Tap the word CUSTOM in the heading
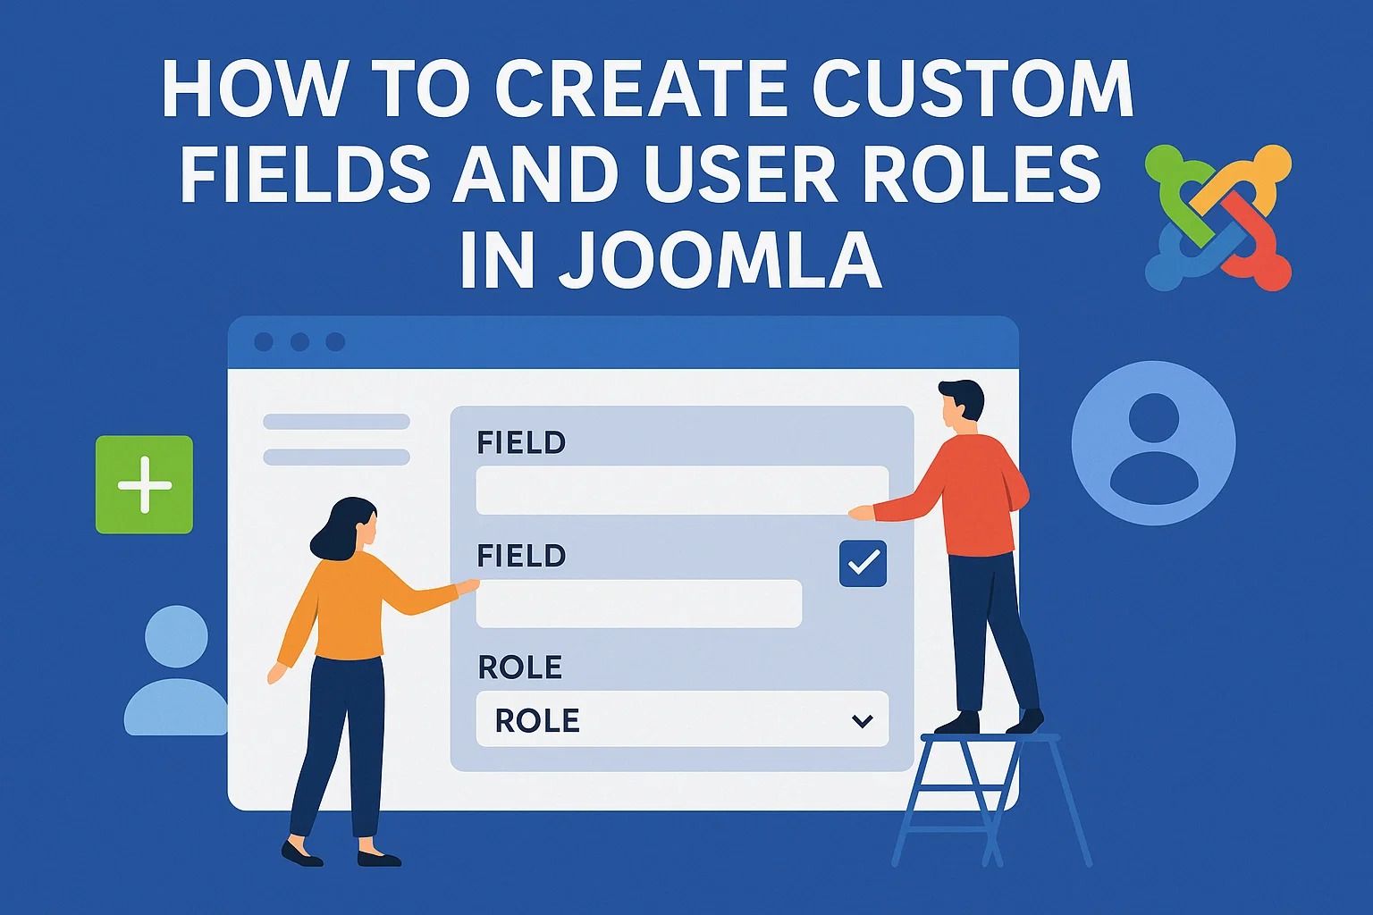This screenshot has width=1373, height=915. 973,88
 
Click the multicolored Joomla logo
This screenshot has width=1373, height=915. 1218,217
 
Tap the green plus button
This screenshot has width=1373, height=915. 144,484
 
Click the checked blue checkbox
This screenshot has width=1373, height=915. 863,563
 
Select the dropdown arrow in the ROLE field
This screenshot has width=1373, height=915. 863,721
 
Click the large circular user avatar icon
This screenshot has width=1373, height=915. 1153,443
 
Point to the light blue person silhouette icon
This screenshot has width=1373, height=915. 176,670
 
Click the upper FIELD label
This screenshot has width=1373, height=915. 521,442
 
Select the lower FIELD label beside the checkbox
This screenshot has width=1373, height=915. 521,556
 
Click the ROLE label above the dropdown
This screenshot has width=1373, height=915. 519,667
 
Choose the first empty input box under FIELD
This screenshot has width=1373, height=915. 682,491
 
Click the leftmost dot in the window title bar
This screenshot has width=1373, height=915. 264,342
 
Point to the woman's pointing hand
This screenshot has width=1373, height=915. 467,586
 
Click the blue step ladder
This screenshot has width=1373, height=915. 991,800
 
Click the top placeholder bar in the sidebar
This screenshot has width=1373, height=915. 336,422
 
